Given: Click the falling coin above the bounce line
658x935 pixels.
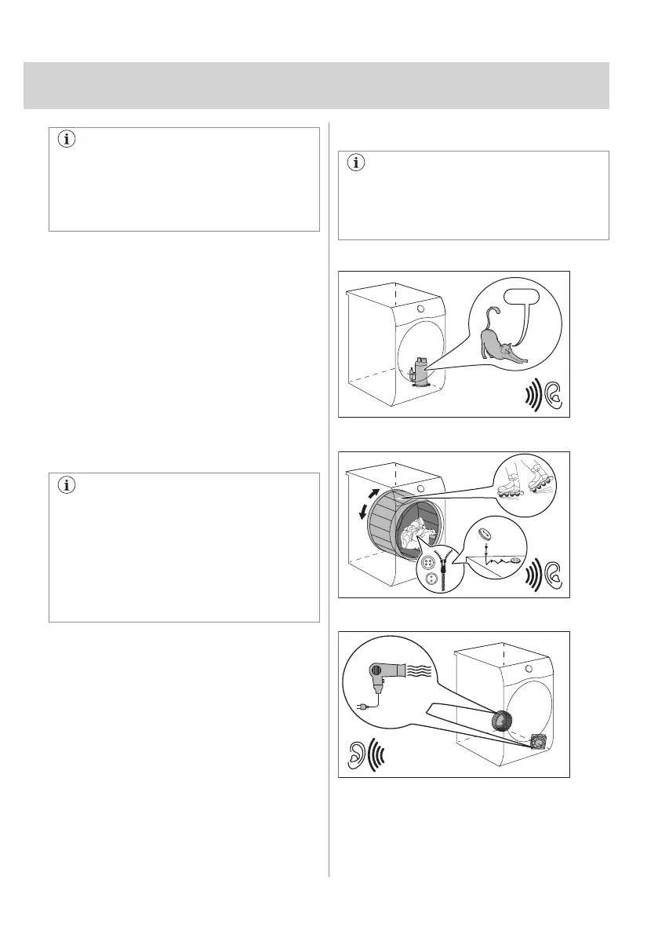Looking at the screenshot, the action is tap(485, 535).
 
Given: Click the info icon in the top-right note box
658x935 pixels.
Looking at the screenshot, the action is tap(358, 164).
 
